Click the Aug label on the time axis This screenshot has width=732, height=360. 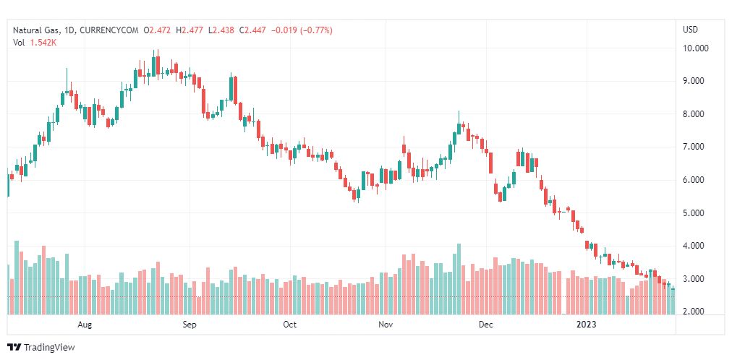[85, 325]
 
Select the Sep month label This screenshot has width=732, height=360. [190, 325]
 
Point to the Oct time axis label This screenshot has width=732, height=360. [289, 325]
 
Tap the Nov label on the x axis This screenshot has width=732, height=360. [386, 325]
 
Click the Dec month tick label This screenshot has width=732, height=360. [485, 325]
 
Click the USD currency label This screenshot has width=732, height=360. [690, 30]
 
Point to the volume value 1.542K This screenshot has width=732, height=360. [44, 43]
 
